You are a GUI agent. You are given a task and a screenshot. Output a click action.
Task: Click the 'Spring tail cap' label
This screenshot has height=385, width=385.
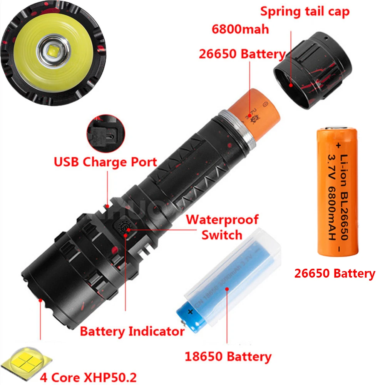click(x=305, y=11)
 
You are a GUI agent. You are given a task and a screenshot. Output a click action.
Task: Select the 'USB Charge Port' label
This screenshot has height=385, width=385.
click(x=105, y=161)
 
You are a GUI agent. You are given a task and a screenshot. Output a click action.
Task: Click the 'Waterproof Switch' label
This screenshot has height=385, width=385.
click(x=222, y=227)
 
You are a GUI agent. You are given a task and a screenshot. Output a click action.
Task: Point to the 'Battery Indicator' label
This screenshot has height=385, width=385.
click(x=132, y=331)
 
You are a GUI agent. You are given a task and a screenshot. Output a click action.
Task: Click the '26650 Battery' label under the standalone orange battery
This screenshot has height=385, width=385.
click(x=334, y=273)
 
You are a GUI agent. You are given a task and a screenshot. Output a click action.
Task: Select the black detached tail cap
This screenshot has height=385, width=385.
click(x=313, y=69)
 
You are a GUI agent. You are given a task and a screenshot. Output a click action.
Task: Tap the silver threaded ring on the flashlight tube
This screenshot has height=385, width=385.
click(x=238, y=129)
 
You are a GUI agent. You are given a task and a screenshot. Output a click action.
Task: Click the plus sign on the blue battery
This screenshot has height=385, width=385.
click(x=189, y=311)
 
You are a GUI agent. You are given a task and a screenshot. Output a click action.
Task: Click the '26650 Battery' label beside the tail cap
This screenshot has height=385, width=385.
click(x=242, y=54)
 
